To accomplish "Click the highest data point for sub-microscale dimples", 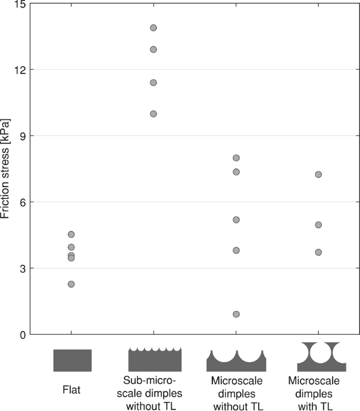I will pos(154,27).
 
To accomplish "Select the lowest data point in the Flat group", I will pos(71,284).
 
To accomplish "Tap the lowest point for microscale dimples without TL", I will pos(236,314).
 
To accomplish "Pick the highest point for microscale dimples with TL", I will pos(318,175).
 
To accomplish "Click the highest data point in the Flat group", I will pos(71,234).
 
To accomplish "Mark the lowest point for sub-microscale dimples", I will pos(154,114).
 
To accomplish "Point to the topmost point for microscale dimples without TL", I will pos(236,158).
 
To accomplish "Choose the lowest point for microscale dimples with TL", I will pos(318,252).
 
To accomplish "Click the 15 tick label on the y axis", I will pos(21,4).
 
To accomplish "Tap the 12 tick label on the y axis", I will pos(21,70).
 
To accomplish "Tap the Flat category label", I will pos(71,391).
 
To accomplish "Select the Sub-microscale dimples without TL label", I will pos(154,393).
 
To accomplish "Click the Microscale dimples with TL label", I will pos(318,393).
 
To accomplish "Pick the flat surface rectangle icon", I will pos(72,360).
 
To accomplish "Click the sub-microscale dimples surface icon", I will pos(155,360).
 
